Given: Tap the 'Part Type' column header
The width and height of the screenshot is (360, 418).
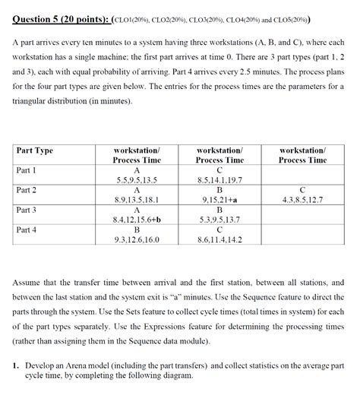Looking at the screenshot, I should point(35,150).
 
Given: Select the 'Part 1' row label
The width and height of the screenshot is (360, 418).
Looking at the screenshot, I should point(27,170).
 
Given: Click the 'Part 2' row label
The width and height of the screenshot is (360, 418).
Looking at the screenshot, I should point(27,190).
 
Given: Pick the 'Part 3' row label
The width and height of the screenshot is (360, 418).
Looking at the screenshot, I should point(27,210).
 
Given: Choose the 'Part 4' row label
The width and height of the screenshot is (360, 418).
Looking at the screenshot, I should point(27,230).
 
